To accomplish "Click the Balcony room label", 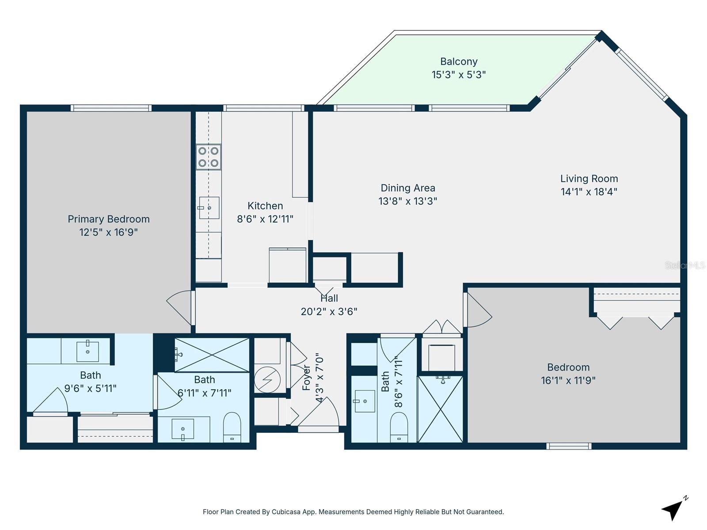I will pyautogui.click(x=459, y=61).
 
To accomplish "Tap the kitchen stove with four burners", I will pyautogui.click(x=209, y=157).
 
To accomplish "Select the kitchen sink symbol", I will pyautogui.click(x=209, y=208).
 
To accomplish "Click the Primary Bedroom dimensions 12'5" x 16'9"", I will pyautogui.click(x=109, y=232).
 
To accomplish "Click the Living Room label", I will pyautogui.click(x=589, y=179).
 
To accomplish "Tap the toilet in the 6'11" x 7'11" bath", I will pyautogui.click(x=232, y=428).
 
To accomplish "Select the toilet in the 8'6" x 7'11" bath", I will pyautogui.click(x=399, y=428).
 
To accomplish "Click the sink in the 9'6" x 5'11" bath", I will pyautogui.click(x=87, y=351).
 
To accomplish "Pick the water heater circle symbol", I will pyautogui.click(x=267, y=379).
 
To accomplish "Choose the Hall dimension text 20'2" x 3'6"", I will pyautogui.click(x=329, y=312).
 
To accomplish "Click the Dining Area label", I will pyautogui.click(x=408, y=188).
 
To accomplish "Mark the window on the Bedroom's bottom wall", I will pyautogui.click(x=569, y=446).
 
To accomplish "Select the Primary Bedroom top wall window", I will pyautogui.click(x=111, y=108).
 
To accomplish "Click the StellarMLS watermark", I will pyautogui.click(x=685, y=265).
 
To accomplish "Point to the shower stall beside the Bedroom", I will pyautogui.click(x=440, y=409).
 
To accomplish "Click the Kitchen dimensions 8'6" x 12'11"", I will pyautogui.click(x=265, y=219).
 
